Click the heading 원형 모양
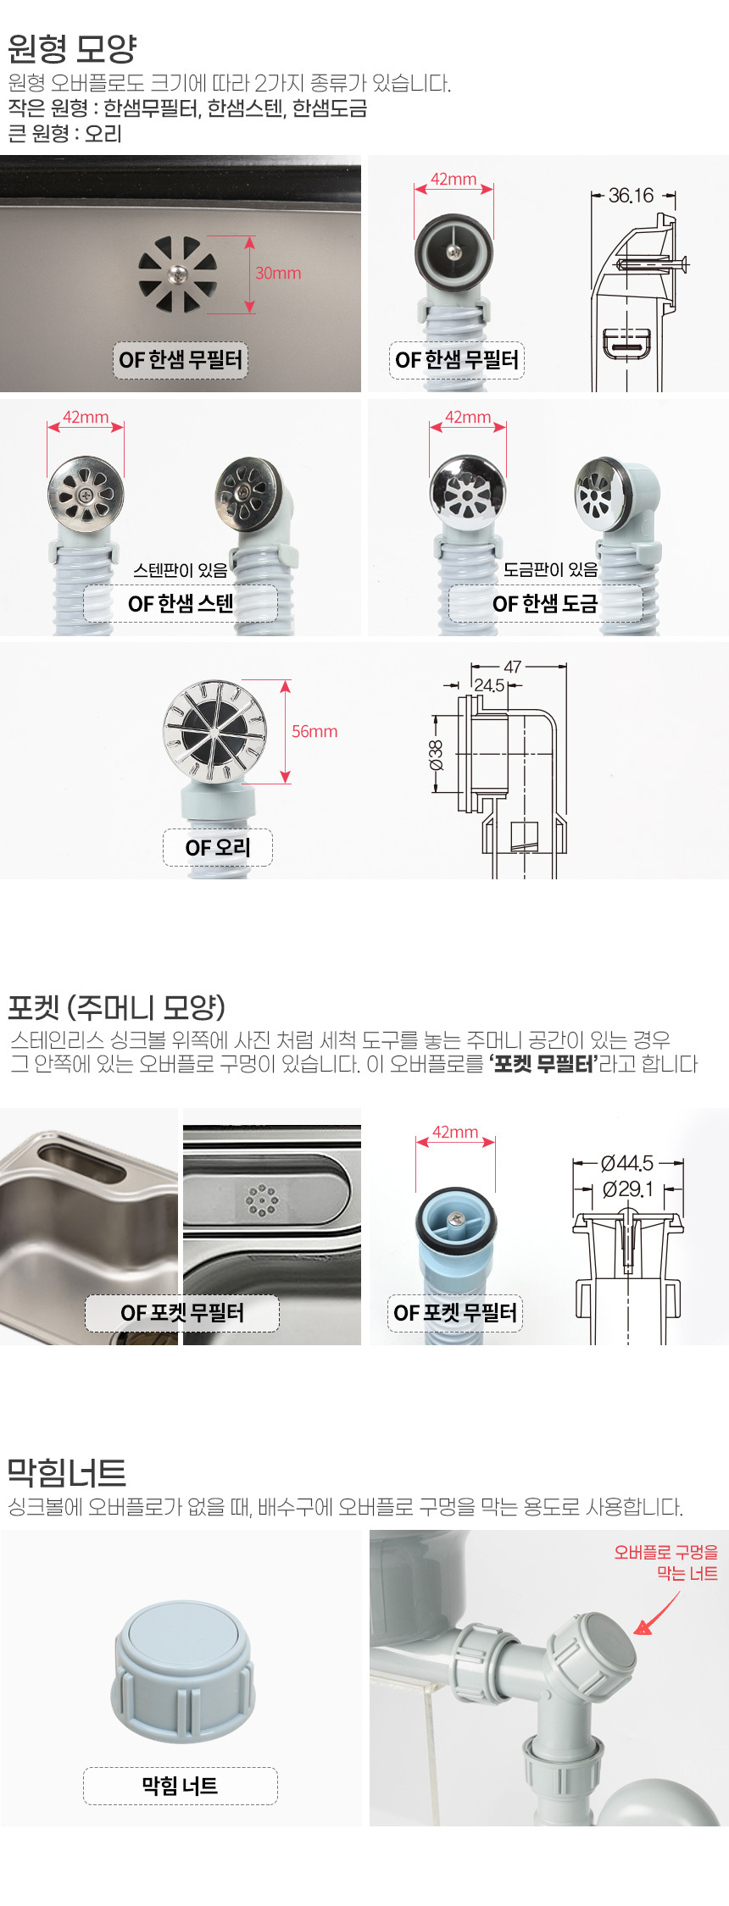[72, 48]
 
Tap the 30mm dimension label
[278, 273]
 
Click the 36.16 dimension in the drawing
[632, 196]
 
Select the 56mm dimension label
[314, 731]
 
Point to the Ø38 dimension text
[436, 754]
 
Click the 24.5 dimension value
[489, 684]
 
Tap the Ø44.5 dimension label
[627, 1163]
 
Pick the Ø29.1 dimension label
[627, 1189]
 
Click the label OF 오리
[218, 847]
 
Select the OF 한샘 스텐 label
[181, 603]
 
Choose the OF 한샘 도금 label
[545, 603]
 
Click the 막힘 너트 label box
[180, 1786]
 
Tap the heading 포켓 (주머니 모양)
[116, 1007]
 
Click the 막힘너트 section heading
[66, 1473]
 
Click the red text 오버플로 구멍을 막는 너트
[666, 1562]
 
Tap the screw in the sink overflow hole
[178, 273]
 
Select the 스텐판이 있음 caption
[181, 570]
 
